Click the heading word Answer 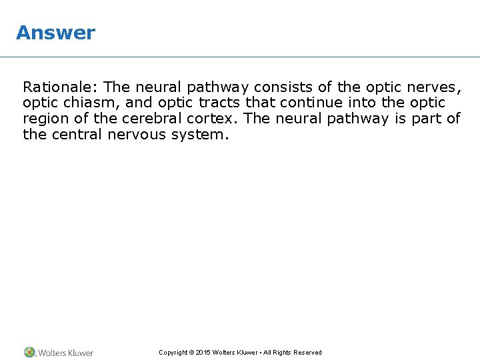tap(56, 33)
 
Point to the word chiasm tap(81, 103)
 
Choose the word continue tap(312, 103)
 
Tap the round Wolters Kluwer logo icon tap(30, 352)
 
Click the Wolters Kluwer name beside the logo tap(65, 353)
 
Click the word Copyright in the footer tap(173, 353)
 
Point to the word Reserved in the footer tap(307, 353)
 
